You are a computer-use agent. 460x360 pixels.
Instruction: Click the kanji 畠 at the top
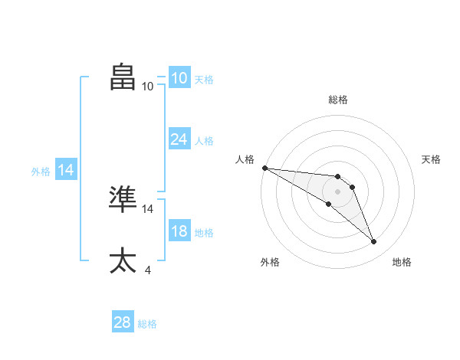(x=123, y=77)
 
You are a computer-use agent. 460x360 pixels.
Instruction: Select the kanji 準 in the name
(x=123, y=198)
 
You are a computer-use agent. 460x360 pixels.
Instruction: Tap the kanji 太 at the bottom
(x=123, y=260)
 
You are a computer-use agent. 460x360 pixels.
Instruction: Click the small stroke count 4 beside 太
(x=147, y=270)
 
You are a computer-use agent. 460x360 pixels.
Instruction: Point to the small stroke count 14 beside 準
(x=148, y=208)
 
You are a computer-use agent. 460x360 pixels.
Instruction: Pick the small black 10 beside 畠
(x=147, y=87)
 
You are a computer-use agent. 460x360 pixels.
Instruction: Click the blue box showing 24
(x=179, y=139)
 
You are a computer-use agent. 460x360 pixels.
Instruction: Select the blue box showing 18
(x=179, y=232)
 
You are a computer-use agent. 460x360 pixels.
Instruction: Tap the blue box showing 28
(x=123, y=322)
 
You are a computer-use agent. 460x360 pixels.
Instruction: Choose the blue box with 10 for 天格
(x=179, y=78)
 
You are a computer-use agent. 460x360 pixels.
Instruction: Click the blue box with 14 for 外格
(x=66, y=171)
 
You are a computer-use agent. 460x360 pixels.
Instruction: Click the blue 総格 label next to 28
(x=147, y=324)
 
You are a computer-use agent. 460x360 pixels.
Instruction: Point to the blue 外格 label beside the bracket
(x=41, y=172)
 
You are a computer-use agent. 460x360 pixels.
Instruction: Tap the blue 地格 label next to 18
(x=204, y=233)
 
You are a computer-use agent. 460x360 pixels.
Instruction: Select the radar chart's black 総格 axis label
(x=338, y=100)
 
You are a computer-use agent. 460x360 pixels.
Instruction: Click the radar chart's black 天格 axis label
(x=431, y=159)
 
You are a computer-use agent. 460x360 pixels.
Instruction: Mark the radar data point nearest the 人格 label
(x=264, y=168)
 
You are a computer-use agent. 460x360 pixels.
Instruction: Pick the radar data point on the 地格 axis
(x=374, y=242)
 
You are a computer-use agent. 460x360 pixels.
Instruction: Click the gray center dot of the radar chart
(x=338, y=191)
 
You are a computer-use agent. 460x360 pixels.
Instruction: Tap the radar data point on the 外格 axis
(x=328, y=204)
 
